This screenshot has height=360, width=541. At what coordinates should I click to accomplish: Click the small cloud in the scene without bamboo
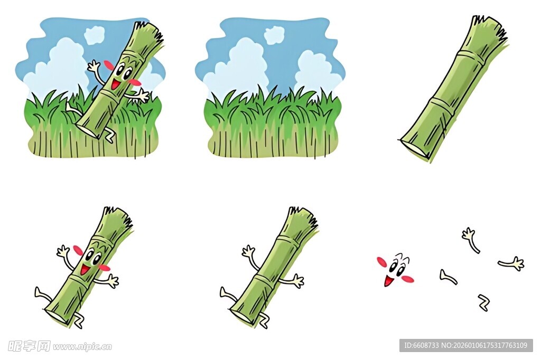click(x=274, y=35)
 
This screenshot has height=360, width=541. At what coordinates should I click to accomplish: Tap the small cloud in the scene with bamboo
click(x=94, y=35)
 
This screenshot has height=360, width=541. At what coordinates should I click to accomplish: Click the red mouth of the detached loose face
click(x=388, y=281)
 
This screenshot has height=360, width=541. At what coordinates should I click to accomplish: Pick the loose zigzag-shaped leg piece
click(x=484, y=302)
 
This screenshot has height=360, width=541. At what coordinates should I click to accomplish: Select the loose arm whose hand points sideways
click(x=511, y=264)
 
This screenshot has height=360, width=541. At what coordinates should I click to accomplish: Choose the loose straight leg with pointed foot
click(x=448, y=277)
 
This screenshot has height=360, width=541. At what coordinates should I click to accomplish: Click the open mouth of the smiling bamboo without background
click(x=85, y=269)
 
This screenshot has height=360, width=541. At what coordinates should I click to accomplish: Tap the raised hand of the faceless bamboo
click(x=248, y=251)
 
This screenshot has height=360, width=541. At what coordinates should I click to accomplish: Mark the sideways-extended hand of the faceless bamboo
click(x=298, y=280)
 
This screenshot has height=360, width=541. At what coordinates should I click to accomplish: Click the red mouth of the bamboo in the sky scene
click(x=116, y=83)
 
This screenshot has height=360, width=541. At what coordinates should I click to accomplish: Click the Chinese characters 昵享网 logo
click(x=29, y=346)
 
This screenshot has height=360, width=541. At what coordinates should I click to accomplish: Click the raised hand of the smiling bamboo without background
click(x=63, y=251)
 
